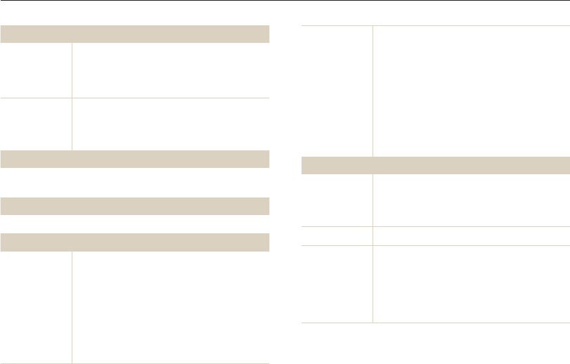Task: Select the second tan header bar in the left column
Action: coord(135,159)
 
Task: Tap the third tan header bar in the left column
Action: coord(135,206)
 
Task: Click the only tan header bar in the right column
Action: coord(435,165)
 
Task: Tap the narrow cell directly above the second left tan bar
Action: coord(36,124)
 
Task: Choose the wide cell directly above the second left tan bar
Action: coord(171,124)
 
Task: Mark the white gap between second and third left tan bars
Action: coord(135,183)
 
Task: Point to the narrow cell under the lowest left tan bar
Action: coord(36,307)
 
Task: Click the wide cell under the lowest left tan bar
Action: coord(171,307)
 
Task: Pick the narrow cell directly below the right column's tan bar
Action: coord(337,200)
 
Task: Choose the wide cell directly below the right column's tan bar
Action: coord(471,200)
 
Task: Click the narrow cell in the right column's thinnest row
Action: coord(337,235)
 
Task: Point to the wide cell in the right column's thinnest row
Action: coord(471,235)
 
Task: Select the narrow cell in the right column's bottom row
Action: coord(337,284)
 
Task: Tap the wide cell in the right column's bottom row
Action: coord(471,284)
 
